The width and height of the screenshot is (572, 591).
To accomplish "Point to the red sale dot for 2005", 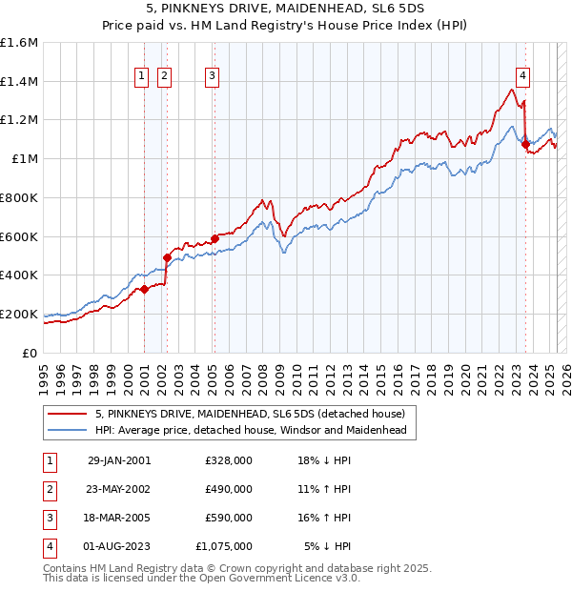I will pyautogui.click(x=214, y=237).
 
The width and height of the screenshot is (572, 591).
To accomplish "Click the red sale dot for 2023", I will pyautogui.click(x=525, y=144).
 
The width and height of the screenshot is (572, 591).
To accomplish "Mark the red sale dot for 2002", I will pyautogui.click(x=167, y=257).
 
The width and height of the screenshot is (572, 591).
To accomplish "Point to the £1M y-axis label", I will pyautogui.click(x=25, y=159).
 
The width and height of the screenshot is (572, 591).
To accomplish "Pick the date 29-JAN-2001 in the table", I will pyautogui.click(x=118, y=460).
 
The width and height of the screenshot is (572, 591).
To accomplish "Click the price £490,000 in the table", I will pyautogui.click(x=229, y=489).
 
